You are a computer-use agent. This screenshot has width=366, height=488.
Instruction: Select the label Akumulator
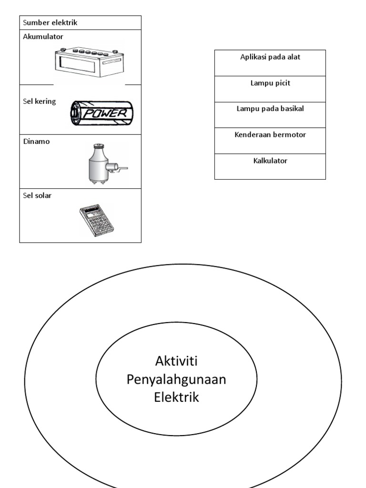point(42,36)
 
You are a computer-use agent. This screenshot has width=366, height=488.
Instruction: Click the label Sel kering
point(40,102)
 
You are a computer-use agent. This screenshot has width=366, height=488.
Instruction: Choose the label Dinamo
point(35,142)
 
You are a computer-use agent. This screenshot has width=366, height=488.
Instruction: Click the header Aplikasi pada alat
point(270,57)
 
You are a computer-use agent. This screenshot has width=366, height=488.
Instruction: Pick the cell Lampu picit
point(270,83)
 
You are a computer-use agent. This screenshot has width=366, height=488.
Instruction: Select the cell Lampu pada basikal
point(270,109)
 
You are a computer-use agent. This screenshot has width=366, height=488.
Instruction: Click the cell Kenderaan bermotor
point(270,135)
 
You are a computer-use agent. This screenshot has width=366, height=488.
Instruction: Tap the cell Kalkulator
point(270,161)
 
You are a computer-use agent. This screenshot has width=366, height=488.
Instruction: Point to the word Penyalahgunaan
point(176,379)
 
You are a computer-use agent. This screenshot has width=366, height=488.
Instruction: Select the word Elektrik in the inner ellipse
point(176,397)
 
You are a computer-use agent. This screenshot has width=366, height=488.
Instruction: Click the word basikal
point(291,109)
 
